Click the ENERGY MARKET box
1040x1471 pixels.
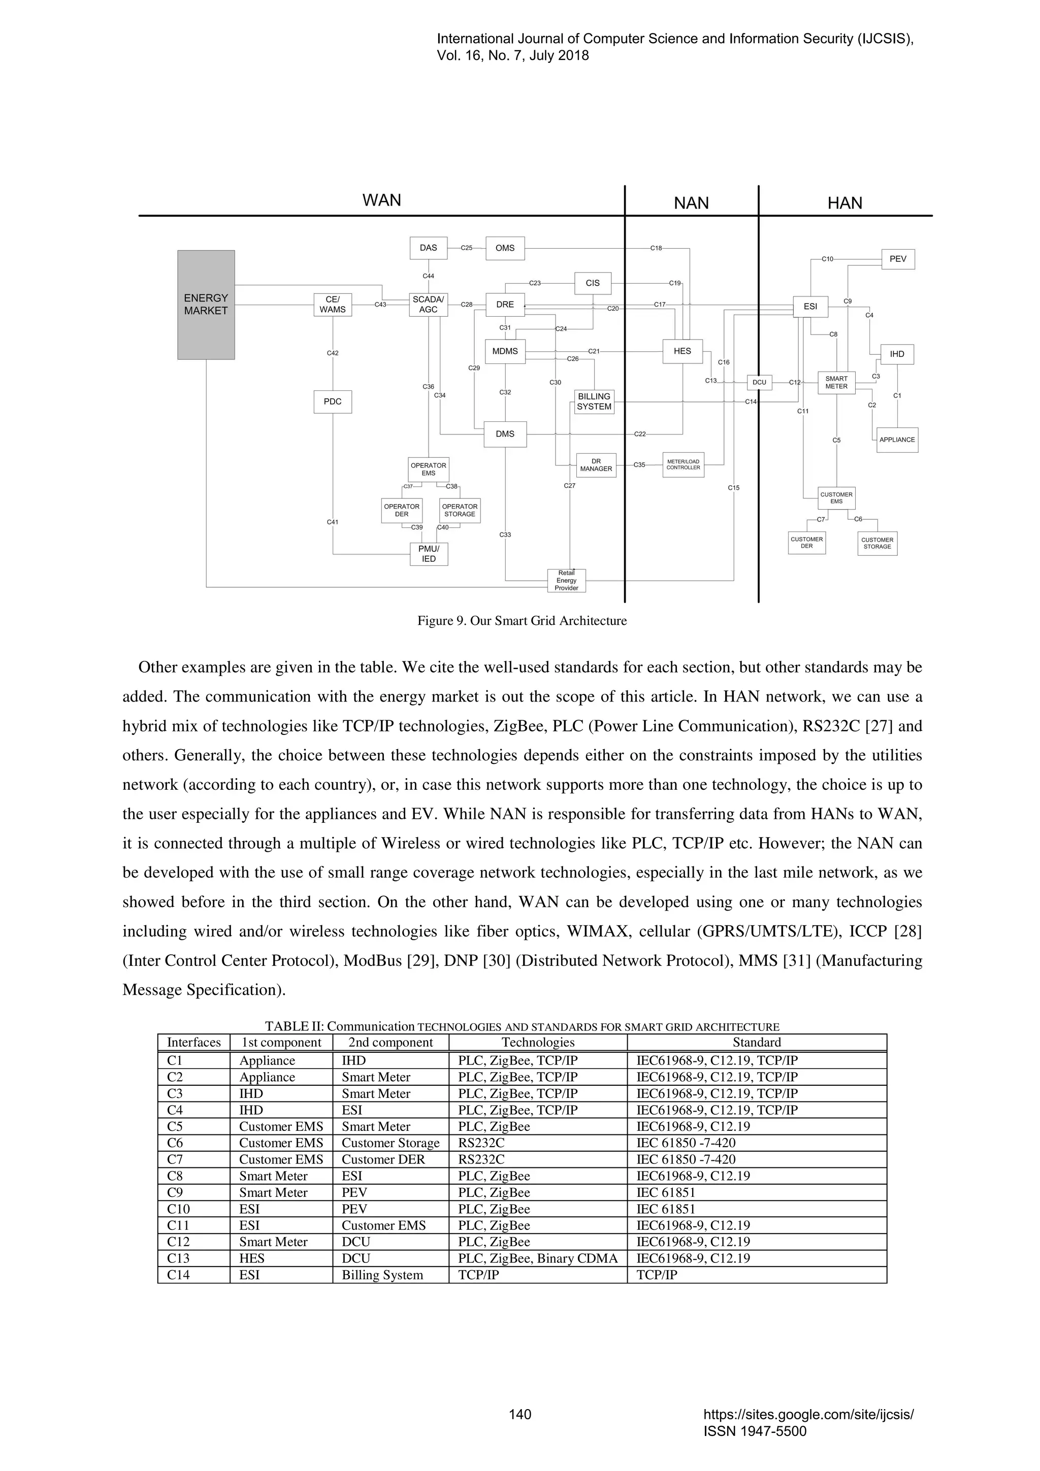click(x=206, y=305)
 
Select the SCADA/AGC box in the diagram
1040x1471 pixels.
click(x=428, y=305)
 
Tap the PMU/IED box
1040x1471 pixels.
click(x=429, y=554)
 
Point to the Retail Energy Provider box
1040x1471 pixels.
click(x=566, y=581)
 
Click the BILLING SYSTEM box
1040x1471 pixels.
click(x=594, y=402)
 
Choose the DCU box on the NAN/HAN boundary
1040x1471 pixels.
click(x=759, y=383)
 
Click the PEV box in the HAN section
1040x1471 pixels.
click(x=898, y=259)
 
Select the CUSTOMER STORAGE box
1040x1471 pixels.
click(x=877, y=543)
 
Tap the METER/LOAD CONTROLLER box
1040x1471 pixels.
click(x=683, y=464)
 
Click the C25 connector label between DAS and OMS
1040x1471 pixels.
click(x=467, y=248)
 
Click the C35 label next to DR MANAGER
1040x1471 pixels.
click(x=639, y=465)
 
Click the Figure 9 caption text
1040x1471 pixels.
click(x=522, y=620)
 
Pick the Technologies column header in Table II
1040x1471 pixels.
click(x=538, y=1043)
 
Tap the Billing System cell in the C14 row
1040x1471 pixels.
click(x=382, y=1275)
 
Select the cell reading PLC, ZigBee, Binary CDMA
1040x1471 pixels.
click(x=538, y=1258)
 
